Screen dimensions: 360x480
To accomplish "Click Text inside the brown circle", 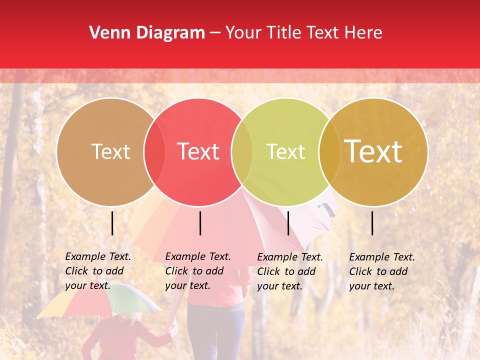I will click(110, 151).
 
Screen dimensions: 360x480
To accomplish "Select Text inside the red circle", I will click(198, 151).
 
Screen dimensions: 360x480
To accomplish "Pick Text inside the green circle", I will click(285, 151).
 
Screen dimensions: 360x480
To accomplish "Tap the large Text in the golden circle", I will click(373, 151).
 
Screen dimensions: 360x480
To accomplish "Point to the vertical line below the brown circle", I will click(112, 223).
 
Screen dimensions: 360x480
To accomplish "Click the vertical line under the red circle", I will click(200, 223).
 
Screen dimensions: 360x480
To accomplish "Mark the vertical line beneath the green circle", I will click(288, 223).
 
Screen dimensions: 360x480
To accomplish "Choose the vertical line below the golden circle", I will click(372, 223).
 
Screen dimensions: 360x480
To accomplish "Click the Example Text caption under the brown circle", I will click(97, 271).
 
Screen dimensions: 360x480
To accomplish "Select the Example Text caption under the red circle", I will click(197, 271).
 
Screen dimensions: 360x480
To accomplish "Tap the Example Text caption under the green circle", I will click(289, 271).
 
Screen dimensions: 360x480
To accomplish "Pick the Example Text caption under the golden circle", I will click(381, 271).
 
